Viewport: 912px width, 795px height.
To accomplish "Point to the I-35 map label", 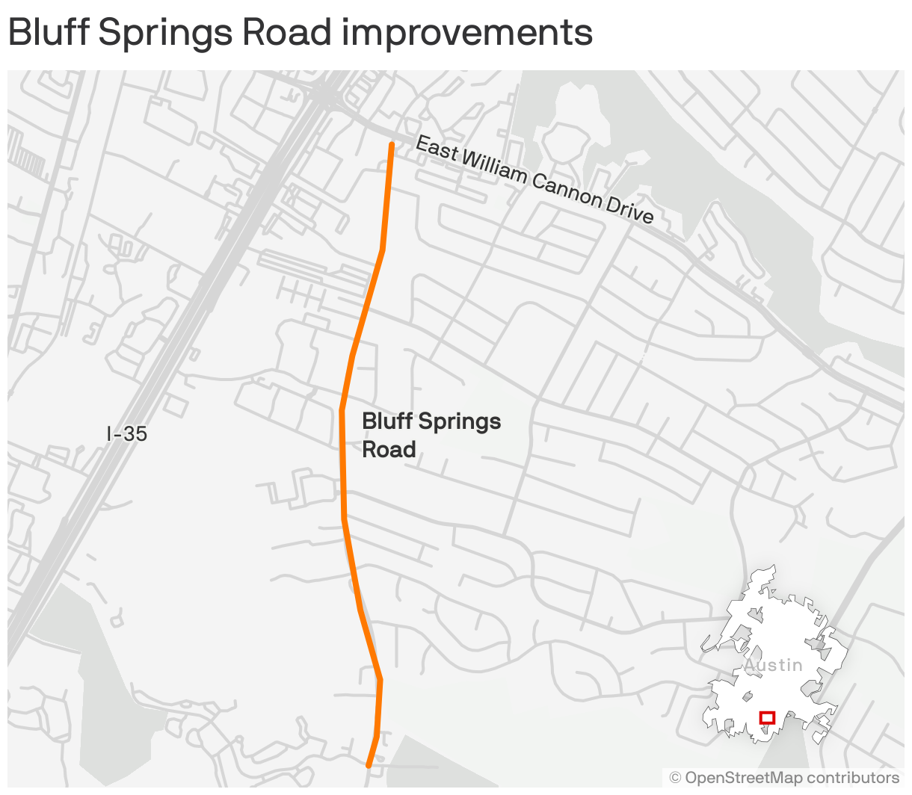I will (126, 433).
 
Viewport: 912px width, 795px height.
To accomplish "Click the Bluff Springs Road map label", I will (431, 435).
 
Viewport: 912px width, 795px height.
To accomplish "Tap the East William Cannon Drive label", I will (534, 179).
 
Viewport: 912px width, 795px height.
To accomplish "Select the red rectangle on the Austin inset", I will (767, 718).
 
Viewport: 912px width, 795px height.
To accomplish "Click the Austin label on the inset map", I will (773, 665).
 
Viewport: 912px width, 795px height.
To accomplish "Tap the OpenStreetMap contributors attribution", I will (784, 778).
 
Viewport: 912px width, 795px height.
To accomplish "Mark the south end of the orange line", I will (369, 764).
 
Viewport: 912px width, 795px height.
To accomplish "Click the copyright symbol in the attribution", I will (675, 778).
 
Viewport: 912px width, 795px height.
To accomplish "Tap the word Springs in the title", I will (161, 34).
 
